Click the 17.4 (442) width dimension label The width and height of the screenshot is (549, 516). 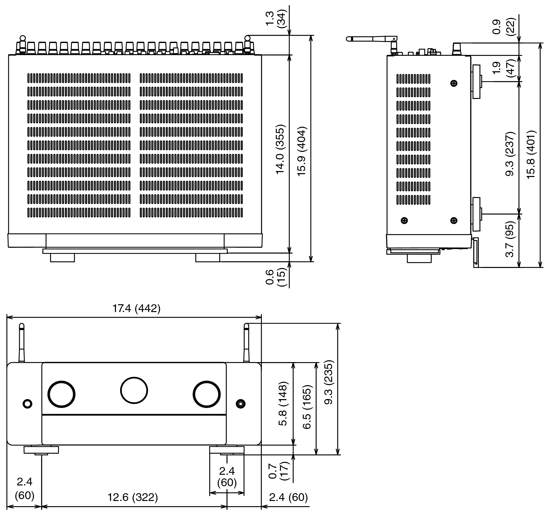coord(136,308)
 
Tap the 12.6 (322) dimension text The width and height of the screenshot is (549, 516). coord(133,497)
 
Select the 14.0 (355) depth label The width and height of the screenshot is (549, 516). coord(280,149)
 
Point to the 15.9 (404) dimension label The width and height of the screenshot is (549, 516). coord(302,151)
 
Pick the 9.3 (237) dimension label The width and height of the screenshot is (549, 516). coord(510,154)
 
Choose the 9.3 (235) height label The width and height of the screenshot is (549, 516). coord(329,382)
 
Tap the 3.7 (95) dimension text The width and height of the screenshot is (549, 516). coord(510,239)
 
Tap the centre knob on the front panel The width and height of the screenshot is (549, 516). coord(134,390)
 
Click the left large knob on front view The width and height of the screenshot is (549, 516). coord(61,394)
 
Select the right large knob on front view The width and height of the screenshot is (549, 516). coord(207,394)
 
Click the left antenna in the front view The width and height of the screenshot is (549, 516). coord(22,343)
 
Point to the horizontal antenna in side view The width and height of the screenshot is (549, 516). coord(372,39)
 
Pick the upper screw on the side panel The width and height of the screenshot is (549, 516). coord(454,83)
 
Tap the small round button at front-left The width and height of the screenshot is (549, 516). coord(27,404)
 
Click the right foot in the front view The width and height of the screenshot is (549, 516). coord(227,450)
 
